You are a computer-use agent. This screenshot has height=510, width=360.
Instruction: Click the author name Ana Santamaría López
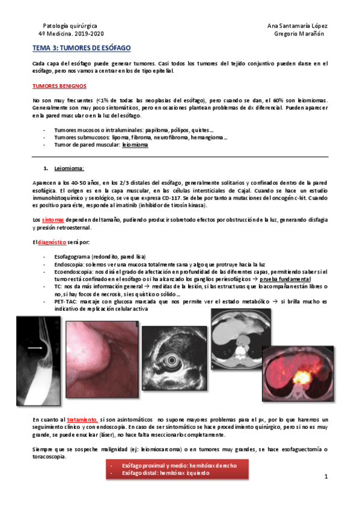click(x=297, y=26)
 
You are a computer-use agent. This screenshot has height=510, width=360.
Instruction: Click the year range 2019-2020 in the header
click(x=93, y=34)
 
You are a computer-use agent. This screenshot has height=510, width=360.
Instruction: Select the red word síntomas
click(x=53, y=220)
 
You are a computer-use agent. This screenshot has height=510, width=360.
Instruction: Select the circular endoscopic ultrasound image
click(x=177, y=360)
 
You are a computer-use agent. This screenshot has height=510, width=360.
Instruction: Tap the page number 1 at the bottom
click(x=325, y=477)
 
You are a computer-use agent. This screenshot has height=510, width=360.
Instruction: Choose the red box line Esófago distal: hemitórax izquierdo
click(x=166, y=473)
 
